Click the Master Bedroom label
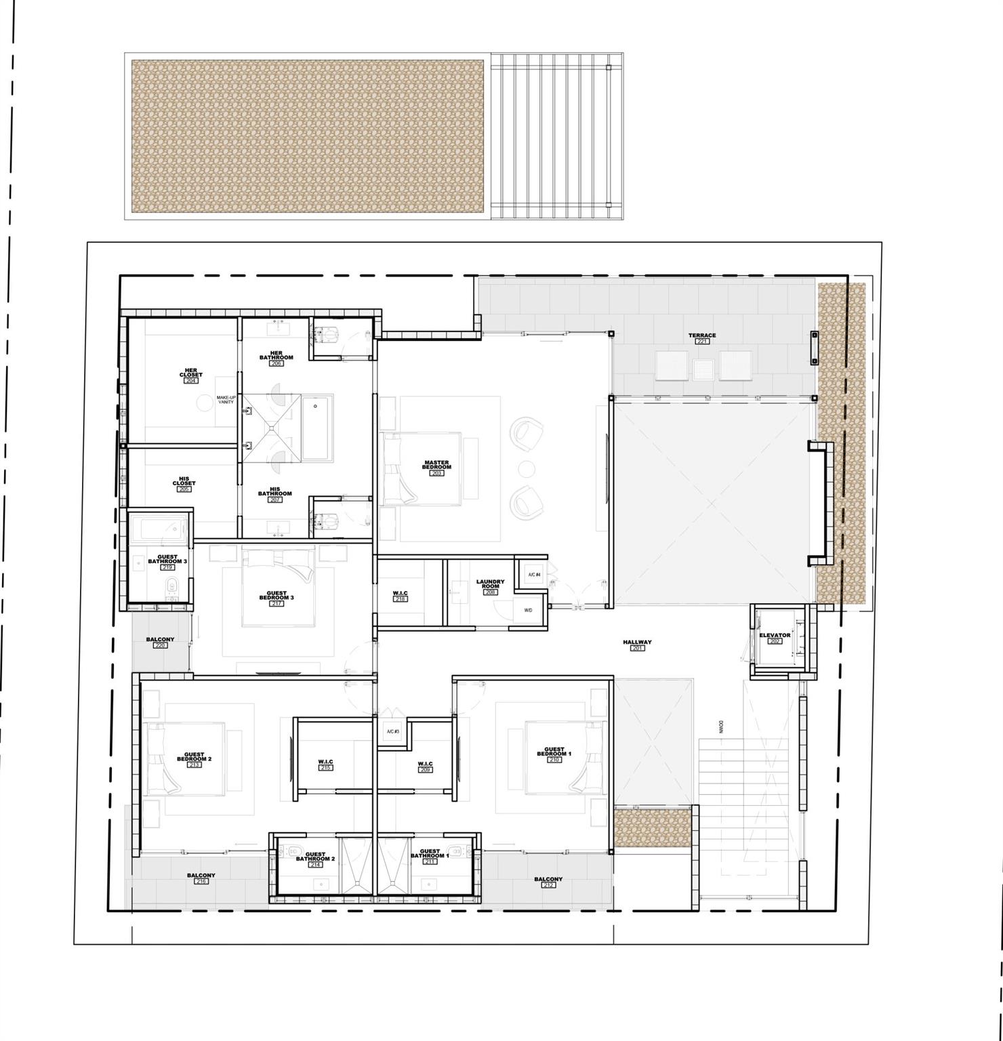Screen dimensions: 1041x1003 pyautogui.click(x=436, y=466)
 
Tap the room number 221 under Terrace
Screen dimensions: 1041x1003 pyautogui.click(x=701, y=342)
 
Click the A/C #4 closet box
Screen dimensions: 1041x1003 pyautogui.click(x=534, y=575)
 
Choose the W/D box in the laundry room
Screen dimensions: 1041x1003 pyautogui.click(x=528, y=610)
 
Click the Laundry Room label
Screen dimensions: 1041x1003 pyautogui.click(x=490, y=584)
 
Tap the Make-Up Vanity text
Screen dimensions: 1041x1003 pyautogui.click(x=226, y=400)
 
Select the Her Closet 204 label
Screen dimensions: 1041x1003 pyautogui.click(x=190, y=374)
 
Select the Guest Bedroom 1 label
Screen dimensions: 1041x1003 pyautogui.click(x=554, y=753)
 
